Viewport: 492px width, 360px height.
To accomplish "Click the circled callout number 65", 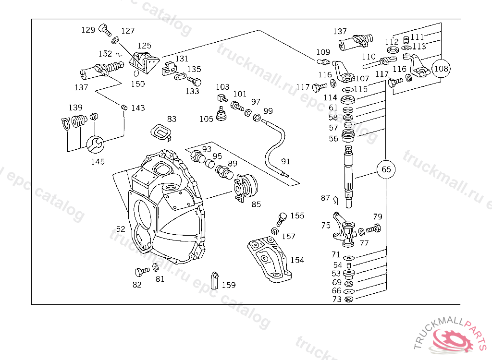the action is [x=386, y=169].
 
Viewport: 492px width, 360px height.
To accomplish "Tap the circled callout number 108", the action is [x=441, y=68].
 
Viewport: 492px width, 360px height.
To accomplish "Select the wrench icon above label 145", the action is [x=95, y=144].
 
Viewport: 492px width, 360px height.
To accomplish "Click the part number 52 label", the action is [x=121, y=229].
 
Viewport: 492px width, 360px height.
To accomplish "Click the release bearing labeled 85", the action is [x=246, y=188].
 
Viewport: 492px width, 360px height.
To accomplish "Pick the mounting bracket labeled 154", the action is [x=270, y=259].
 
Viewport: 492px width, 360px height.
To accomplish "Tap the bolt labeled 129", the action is [x=105, y=30].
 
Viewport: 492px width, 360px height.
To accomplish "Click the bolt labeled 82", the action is [x=142, y=271].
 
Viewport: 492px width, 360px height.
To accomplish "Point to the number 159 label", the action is [x=229, y=285].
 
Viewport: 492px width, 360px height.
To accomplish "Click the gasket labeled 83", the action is [x=161, y=132].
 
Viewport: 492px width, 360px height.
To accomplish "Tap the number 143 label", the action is [x=138, y=108].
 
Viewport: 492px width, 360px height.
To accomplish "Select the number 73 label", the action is [x=337, y=299].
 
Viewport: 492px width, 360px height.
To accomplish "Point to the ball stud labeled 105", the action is [x=221, y=113].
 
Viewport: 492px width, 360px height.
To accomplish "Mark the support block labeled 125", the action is [x=144, y=61].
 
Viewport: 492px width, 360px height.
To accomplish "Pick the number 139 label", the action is [x=75, y=108].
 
